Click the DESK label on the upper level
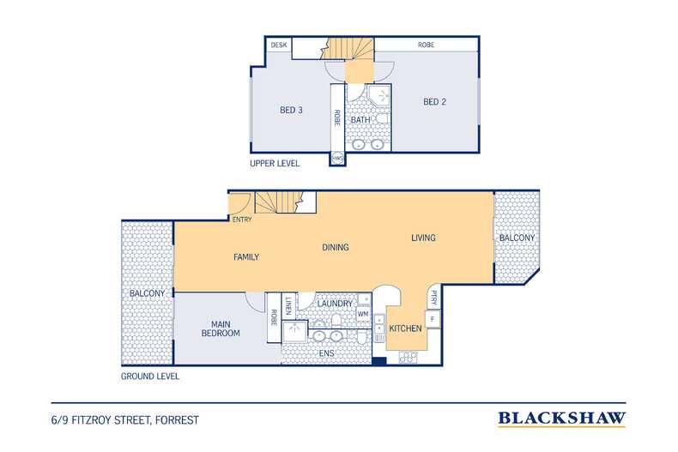279,45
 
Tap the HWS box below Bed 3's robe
337,159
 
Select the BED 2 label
434,102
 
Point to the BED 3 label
291,110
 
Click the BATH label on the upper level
360,120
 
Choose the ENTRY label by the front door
242,220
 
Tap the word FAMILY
246,257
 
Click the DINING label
335,247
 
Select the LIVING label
423,238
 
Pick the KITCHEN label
405,328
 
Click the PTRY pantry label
434,298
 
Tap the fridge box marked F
433,319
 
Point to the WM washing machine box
363,314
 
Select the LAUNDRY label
335,304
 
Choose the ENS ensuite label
326,353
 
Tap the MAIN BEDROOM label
221,328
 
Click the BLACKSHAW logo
561,419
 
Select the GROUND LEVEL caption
149,377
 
